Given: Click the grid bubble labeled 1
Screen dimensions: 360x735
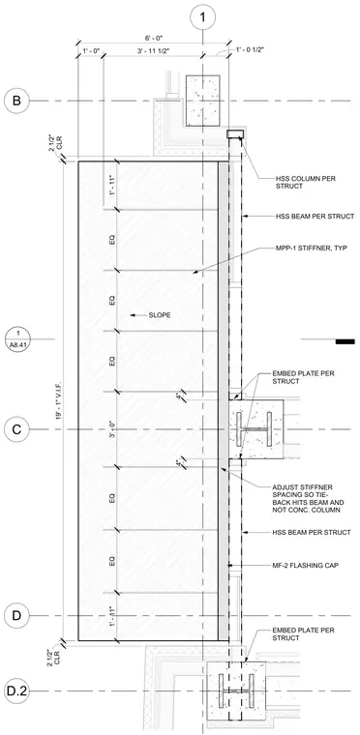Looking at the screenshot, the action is pyautogui.click(x=202, y=17).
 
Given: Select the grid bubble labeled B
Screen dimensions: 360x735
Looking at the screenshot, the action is pyautogui.click(x=16, y=101).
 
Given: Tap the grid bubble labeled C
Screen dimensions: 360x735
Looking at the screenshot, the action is pyautogui.click(x=16, y=429).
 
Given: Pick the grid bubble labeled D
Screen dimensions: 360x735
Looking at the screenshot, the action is pyautogui.click(x=16, y=615).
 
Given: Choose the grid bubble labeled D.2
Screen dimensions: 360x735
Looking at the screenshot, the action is pyautogui.click(x=16, y=691).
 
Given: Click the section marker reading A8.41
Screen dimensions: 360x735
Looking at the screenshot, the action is pyautogui.click(x=17, y=338).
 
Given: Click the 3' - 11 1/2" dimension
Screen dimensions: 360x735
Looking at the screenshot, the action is pyautogui.click(x=152, y=50).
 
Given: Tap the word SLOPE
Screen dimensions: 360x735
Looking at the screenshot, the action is pyautogui.click(x=159, y=315).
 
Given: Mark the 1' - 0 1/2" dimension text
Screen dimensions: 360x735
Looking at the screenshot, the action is pyautogui.click(x=251, y=49).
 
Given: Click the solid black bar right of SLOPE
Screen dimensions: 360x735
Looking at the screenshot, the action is pyautogui.click(x=345, y=341).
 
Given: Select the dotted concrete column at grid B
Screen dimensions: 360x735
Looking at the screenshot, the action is pyautogui.click(x=203, y=101).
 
